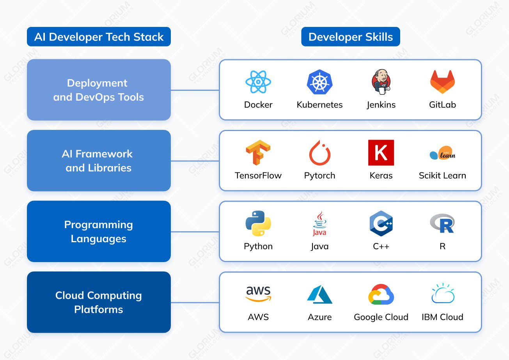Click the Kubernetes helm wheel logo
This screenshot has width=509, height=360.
pos(319,82)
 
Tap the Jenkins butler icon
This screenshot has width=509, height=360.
pos(381,82)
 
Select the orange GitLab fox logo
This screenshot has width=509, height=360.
pos(442,82)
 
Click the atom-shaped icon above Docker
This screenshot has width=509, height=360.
pos(258,82)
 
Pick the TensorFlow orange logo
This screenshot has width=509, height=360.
pos(258,153)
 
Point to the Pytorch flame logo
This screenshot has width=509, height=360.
pos(319,153)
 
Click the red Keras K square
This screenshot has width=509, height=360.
pos(381,153)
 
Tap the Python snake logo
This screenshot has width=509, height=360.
pos(258,223)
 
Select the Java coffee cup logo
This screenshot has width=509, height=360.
pos(319,223)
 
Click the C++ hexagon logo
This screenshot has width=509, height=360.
pos(381,223)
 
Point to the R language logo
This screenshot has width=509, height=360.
pos(442,223)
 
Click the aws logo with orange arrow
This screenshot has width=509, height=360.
pos(258,294)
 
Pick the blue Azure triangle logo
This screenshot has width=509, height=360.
pos(319,294)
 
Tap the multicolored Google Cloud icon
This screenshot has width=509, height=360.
pos(381,294)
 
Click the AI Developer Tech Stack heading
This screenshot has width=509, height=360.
pos(99,37)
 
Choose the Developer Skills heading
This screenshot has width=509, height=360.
pos(351,37)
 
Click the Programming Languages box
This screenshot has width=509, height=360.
pos(99,231)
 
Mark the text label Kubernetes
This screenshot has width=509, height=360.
pos(319,105)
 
